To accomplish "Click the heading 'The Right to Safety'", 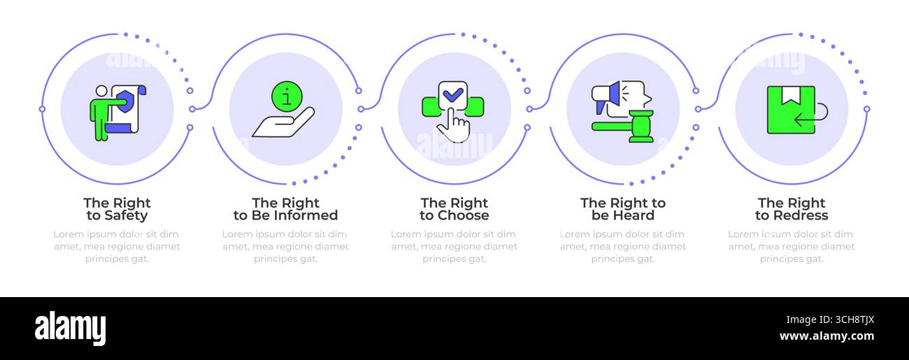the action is [117, 209].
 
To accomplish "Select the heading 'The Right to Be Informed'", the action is [286, 209].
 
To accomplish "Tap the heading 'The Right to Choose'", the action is [454, 209].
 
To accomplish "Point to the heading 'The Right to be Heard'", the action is [623, 209].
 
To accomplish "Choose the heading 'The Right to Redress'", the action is [792, 209].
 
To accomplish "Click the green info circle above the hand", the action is [287, 96].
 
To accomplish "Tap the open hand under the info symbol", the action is [283, 122].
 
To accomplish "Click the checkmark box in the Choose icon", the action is [453, 95].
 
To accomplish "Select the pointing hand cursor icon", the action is [454, 125].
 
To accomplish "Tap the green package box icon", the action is [791, 110].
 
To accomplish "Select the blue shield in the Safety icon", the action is [124, 101].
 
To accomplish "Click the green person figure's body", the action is [101, 117].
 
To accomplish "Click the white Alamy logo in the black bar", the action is [70, 328].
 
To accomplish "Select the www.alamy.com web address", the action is [826, 336].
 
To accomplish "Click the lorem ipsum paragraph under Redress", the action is [792, 246].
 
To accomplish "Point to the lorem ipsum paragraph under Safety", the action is [117, 246].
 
